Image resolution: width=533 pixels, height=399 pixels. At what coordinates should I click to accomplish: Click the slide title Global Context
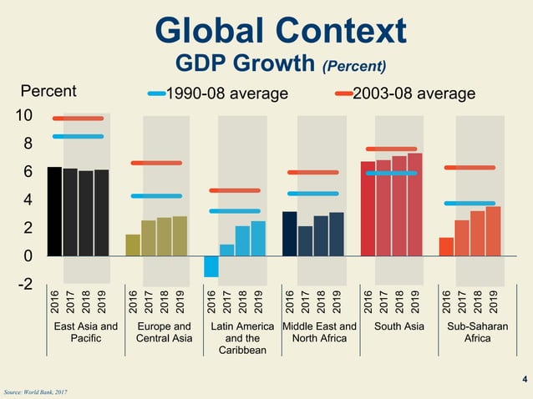[281, 30]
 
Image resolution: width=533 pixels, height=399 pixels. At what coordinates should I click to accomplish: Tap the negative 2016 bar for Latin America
[211, 265]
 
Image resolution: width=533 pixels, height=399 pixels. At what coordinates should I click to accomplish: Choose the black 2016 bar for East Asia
[54, 211]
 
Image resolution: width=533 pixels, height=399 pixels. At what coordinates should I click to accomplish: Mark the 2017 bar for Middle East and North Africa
[305, 240]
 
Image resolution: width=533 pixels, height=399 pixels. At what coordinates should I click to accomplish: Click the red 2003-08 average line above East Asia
[78, 119]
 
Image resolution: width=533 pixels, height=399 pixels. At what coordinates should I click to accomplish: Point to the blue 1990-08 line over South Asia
[391, 174]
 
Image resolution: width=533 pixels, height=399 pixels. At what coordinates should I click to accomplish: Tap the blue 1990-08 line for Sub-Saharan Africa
[470, 204]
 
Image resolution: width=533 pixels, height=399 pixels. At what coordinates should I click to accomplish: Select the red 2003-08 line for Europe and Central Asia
[156, 163]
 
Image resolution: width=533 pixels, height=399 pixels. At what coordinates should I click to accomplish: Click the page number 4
[524, 381]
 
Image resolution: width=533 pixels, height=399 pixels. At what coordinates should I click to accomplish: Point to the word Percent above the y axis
[48, 91]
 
